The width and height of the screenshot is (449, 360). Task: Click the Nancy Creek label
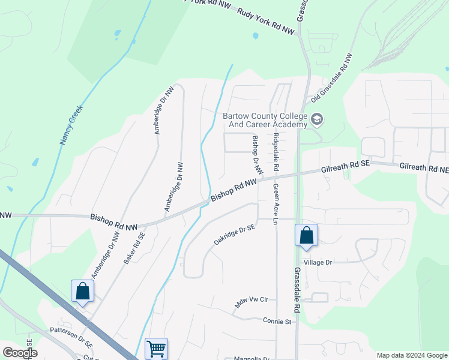[71, 125]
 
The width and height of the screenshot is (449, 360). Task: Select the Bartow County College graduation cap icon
[316, 120]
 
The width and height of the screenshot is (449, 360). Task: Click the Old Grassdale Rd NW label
[332, 77]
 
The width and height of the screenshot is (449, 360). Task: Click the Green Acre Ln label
[276, 204]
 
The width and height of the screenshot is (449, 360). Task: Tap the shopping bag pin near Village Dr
[306, 235]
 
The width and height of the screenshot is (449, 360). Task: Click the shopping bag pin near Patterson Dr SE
[82, 291]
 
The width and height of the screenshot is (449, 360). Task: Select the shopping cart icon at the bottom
[156, 347]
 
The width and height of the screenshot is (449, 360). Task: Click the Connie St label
[277, 321]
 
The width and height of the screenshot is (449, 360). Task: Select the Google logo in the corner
[19, 352]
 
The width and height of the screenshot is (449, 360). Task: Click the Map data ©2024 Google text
[411, 355]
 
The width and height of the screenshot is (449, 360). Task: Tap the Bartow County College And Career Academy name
[265, 121]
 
